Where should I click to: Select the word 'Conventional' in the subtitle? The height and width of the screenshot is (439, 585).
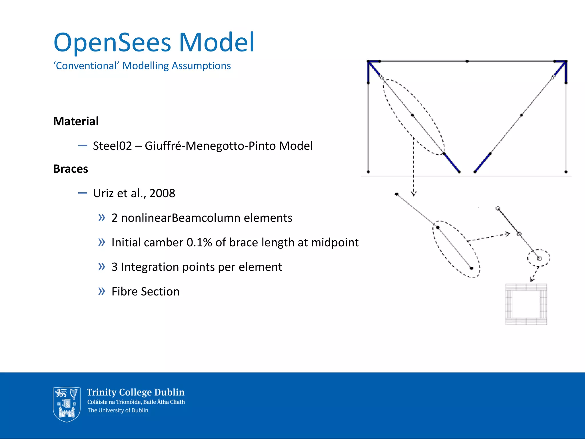[86, 66]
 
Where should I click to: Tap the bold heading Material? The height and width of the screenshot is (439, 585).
[76, 121]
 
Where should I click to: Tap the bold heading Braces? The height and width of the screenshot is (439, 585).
[71, 169]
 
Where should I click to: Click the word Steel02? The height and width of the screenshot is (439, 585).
[112, 146]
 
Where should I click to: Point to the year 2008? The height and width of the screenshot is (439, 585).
[162, 193]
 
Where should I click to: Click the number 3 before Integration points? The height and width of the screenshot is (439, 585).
[115, 267]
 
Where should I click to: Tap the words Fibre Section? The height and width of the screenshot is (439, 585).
[145, 292]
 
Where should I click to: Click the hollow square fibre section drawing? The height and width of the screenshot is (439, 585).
[526, 304]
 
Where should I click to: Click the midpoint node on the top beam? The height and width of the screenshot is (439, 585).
[467, 61]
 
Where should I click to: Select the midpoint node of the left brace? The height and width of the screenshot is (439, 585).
[412, 115]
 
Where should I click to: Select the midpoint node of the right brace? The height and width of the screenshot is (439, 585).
[522, 115]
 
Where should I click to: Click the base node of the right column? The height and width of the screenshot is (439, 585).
[566, 172]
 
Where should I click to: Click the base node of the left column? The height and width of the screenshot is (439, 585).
[368, 172]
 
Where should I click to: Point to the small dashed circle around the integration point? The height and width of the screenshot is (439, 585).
[539, 258]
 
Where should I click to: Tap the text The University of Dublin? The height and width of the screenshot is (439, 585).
[118, 410]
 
